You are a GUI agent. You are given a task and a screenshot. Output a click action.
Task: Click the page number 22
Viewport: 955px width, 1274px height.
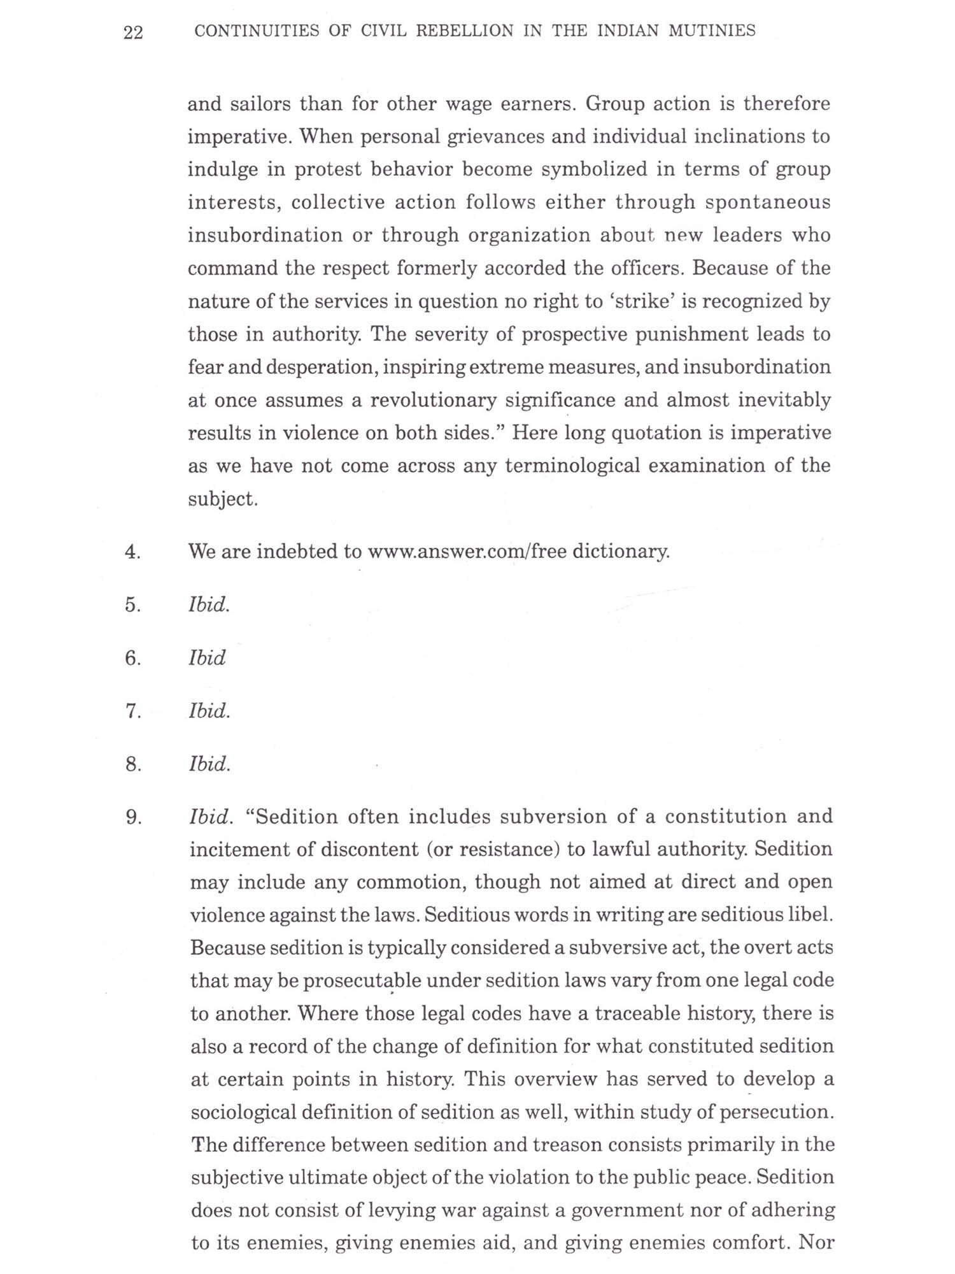[x=133, y=32]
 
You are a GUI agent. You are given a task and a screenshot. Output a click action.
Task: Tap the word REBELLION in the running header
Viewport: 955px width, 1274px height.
[x=464, y=31]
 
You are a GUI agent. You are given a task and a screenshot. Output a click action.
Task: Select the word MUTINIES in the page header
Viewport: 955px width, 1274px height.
[x=712, y=31]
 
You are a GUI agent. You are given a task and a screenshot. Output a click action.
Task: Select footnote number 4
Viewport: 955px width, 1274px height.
[x=132, y=552]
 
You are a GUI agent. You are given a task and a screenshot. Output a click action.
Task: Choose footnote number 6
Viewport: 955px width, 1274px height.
[x=132, y=658]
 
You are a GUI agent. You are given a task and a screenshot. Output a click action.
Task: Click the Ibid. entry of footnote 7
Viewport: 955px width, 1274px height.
[x=209, y=710]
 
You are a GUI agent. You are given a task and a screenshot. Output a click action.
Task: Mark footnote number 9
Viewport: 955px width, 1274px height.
[x=132, y=817]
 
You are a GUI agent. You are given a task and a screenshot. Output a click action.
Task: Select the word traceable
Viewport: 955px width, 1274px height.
[x=637, y=1013]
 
